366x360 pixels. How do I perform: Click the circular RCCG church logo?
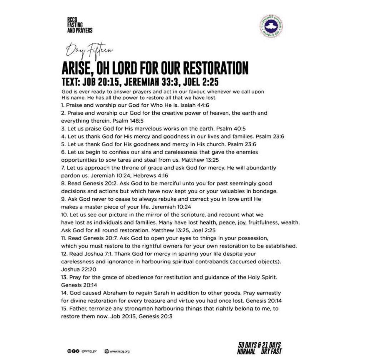tap(271, 26)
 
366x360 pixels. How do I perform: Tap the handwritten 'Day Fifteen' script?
tap(89, 50)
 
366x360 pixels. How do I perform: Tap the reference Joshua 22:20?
tap(78, 269)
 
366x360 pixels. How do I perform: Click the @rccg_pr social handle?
tap(89, 351)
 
